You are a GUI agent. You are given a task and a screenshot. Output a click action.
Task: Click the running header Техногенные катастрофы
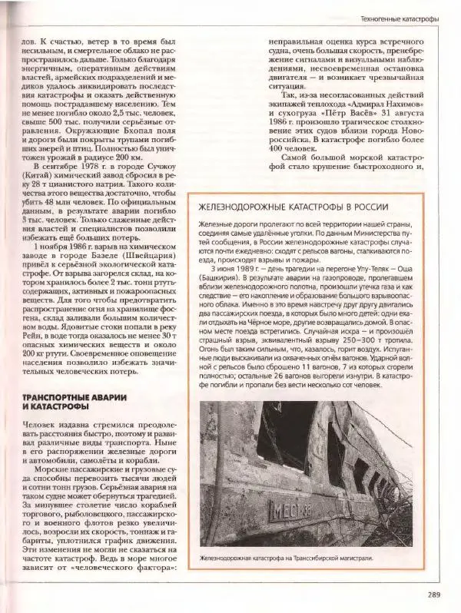pyautogui.click(x=400, y=17)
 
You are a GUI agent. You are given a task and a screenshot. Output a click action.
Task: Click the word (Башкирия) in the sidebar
pyautogui.click(x=220, y=280)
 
